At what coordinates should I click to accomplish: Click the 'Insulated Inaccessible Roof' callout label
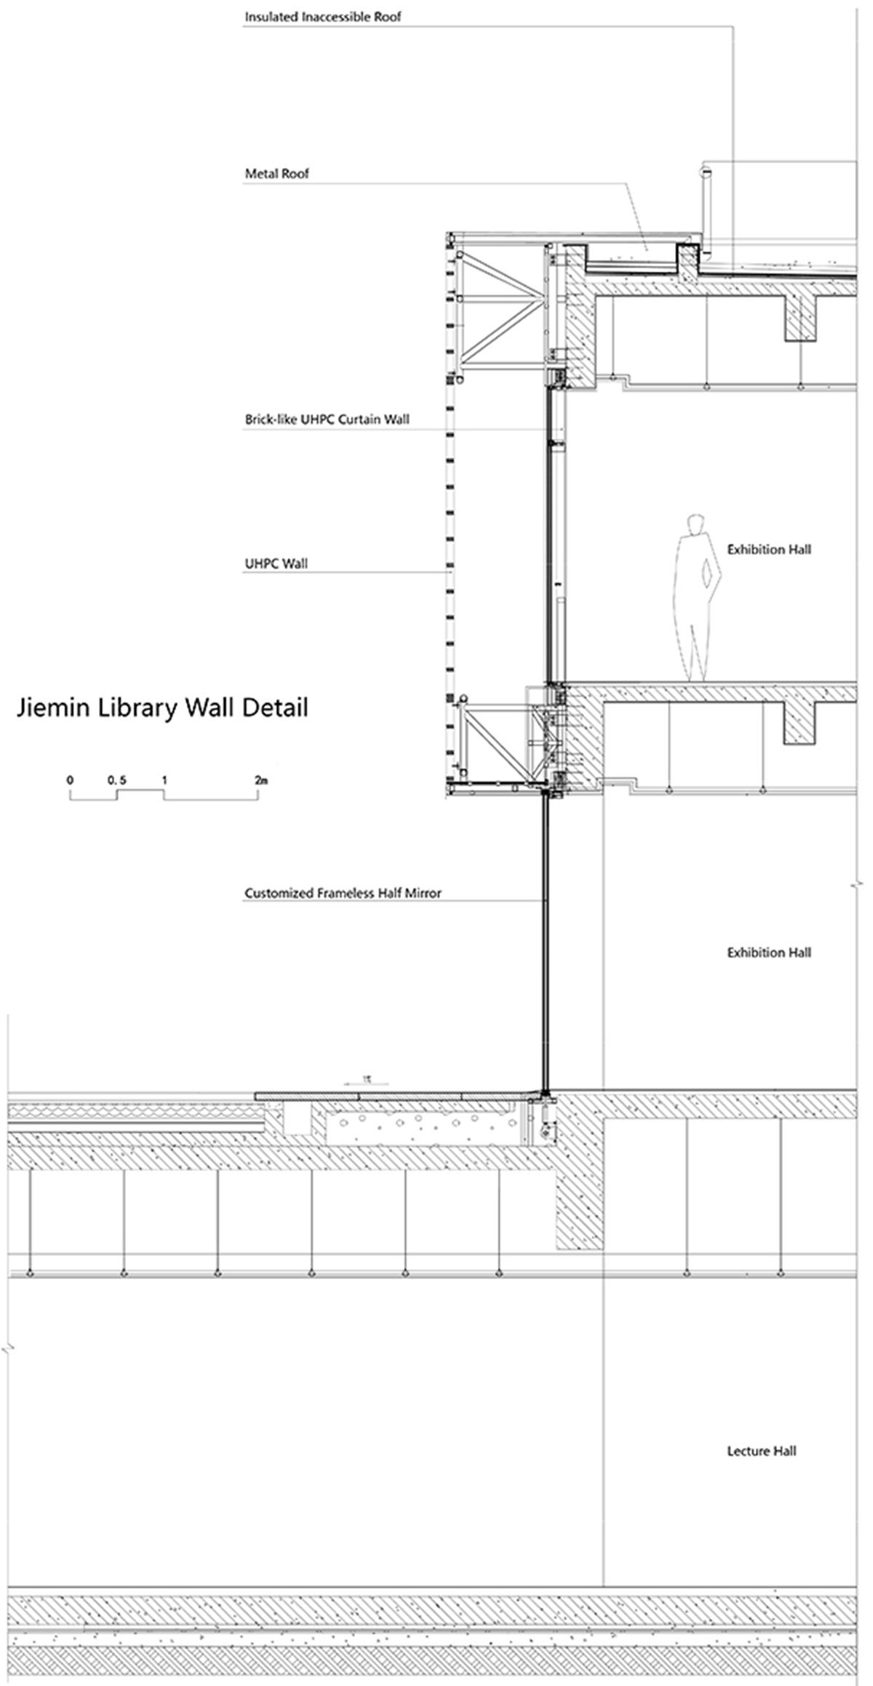coord(322,16)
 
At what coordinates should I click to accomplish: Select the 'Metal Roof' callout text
coord(276,174)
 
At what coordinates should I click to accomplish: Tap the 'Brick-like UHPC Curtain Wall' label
coord(327,419)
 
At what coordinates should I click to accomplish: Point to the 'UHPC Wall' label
coord(276,563)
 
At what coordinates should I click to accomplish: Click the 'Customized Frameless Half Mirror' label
coord(343,893)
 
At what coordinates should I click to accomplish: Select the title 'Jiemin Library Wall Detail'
coord(162,707)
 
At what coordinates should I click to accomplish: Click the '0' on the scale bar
coord(70,780)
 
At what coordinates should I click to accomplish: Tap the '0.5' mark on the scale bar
coord(116,780)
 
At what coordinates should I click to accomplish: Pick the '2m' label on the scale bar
coord(262,780)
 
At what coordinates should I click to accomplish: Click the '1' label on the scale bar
coord(165,780)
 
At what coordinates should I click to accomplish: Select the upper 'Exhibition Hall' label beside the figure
coord(769,550)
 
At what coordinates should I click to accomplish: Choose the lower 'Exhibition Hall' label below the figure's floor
coord(769,952)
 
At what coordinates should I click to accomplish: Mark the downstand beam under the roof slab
coord(800,318)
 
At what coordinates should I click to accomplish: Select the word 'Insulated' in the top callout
coord(270,16)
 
